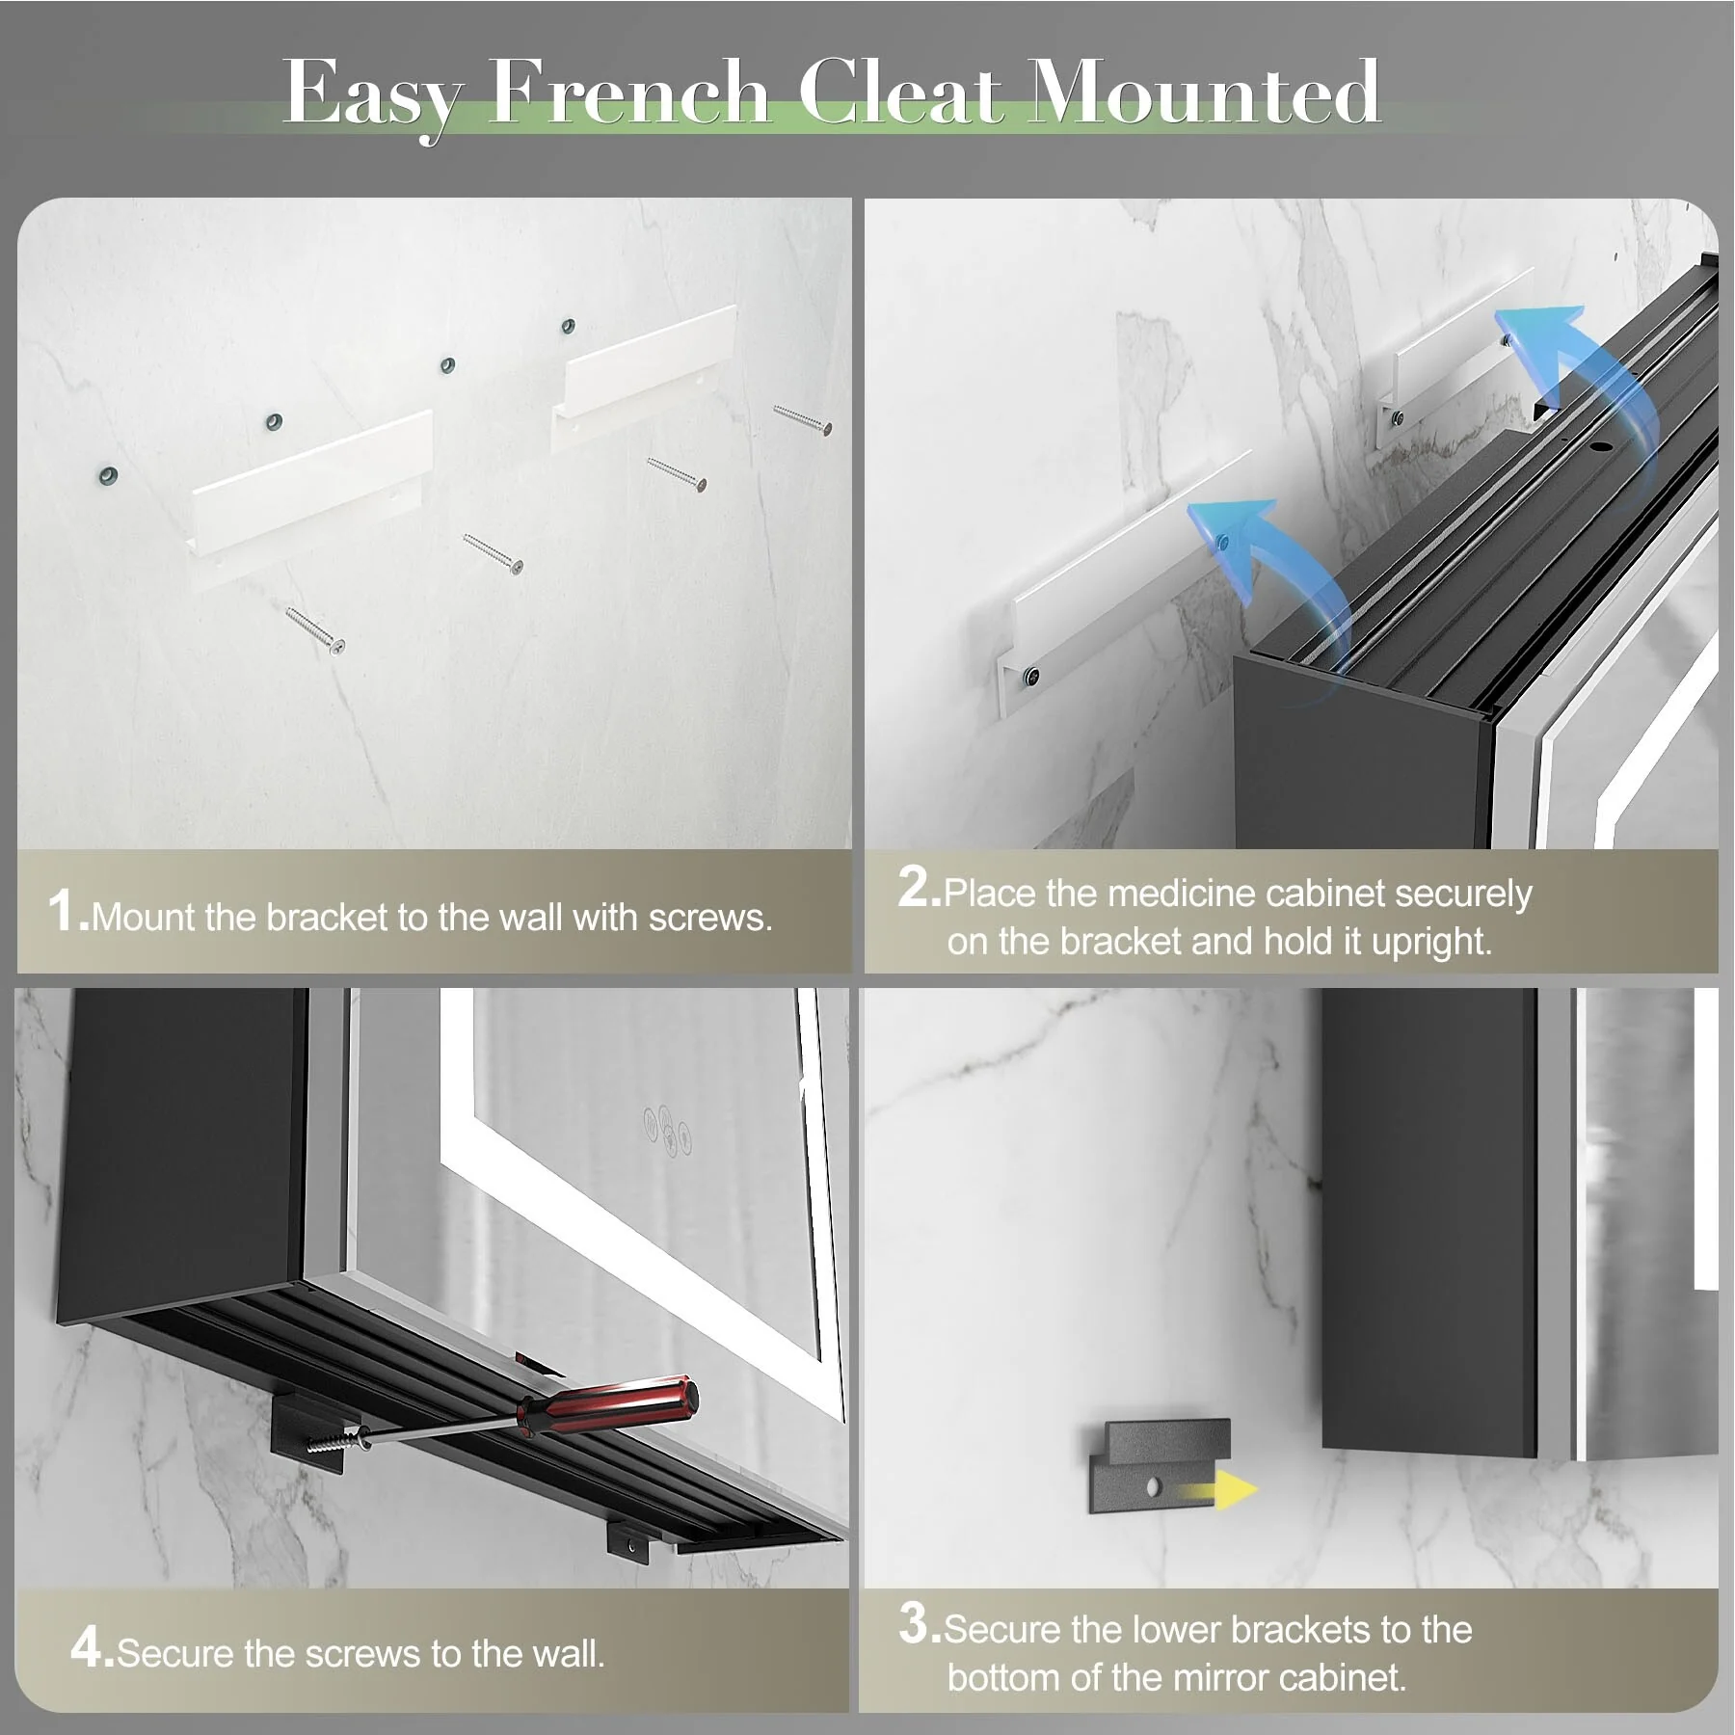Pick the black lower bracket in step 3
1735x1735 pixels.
1160,1465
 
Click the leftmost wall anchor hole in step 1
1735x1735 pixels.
109,475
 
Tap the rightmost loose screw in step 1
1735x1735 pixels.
802,420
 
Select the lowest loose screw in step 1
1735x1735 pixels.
314,630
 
